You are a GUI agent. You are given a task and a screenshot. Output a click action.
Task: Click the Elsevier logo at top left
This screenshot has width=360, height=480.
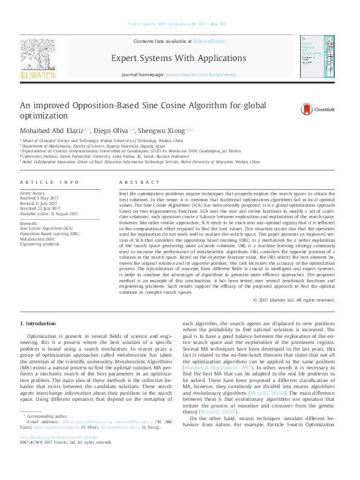click(38, 58)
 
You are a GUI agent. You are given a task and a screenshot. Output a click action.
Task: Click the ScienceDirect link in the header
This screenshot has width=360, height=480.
click(208, 41)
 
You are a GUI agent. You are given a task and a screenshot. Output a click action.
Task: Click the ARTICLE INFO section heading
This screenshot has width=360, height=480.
click(50, 182)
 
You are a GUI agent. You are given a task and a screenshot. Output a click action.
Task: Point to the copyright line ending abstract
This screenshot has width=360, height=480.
click(293, 300)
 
